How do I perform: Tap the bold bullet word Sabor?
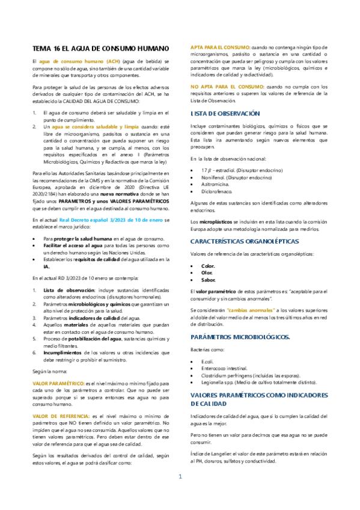tap(209, 263)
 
